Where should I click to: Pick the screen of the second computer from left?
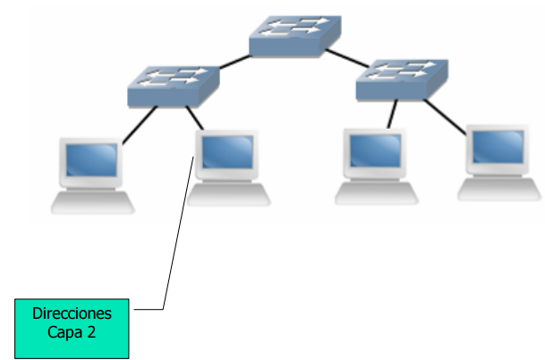226,154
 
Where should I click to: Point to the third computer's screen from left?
373,150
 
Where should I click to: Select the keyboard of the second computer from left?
228,194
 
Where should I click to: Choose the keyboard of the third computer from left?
376,192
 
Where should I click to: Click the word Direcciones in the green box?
72,314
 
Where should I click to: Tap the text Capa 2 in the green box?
72,332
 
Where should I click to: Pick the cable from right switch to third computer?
390,114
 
